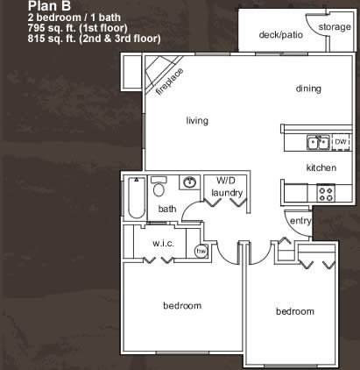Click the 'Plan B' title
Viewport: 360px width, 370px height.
pos(49,5)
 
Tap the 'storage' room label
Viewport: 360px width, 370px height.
pos(335,27)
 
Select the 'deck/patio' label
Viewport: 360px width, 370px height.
pos(281,35)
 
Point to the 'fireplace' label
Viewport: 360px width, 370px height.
pos(170,82)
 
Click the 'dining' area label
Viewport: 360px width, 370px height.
pos(308,89)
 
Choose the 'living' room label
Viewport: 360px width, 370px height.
pos(197,120)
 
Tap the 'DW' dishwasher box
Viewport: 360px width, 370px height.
pos(341,142)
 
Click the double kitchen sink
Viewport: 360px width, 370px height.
pos(318,142)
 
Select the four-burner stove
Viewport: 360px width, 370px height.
pos(326,193)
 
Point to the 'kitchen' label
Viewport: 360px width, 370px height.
pos(321,167)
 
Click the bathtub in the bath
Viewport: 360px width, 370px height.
pos(137,197)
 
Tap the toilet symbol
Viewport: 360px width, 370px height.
pos(159,187)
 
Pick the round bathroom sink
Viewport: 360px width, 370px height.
pos(190,182)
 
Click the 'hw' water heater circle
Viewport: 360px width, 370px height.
pos(201,251)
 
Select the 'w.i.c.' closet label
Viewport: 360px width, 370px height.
pos(163,243)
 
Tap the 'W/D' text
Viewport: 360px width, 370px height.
pos(225,181)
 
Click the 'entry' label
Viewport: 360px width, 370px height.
pos(300,221)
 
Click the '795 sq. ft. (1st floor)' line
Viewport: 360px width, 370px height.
pos(77,28)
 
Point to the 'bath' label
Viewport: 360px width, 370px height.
pos(167,209)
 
